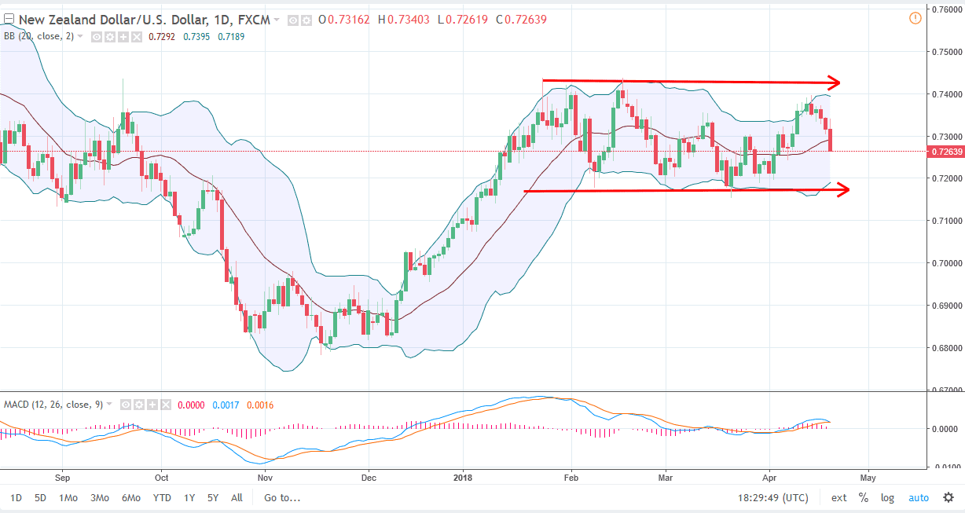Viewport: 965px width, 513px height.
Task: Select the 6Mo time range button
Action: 131,497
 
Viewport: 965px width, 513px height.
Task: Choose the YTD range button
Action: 163,497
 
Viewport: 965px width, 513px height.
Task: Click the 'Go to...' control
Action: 282,497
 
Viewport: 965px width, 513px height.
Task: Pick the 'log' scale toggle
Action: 887,497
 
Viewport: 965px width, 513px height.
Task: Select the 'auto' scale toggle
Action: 918,497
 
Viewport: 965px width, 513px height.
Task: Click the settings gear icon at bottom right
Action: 948,497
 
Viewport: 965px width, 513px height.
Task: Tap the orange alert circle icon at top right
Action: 915,18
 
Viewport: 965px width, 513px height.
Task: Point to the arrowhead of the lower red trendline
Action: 845,189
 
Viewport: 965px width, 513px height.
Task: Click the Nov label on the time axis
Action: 265,477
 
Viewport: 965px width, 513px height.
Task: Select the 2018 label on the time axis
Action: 464,477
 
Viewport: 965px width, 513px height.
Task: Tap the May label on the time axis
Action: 868,477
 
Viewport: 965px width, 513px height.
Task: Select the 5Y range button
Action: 213,497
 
